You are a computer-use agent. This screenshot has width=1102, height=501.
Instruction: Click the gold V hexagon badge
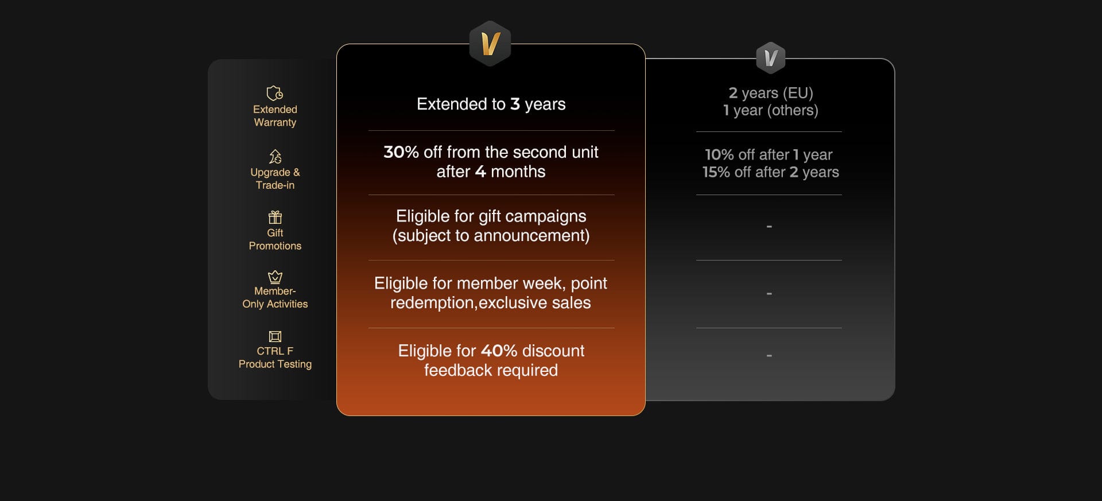(490, 44)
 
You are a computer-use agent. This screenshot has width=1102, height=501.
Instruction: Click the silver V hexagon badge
(770, 58)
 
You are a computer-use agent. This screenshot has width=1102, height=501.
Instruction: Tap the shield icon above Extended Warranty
(275, 93)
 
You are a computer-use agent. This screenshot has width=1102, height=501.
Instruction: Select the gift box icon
(275, 218)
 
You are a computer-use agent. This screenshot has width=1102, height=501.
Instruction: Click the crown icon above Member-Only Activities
(275, 277)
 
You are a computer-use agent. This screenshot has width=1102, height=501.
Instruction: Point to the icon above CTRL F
(275, 336)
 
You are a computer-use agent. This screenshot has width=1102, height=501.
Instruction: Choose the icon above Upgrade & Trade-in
(275, 157)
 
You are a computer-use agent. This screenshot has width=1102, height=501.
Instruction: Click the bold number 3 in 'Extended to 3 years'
(515, 104)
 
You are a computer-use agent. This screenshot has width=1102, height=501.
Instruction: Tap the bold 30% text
(401, 152)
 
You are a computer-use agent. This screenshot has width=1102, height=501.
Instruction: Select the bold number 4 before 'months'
(480, 172)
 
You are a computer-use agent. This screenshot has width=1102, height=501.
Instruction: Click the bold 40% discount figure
(499, 351)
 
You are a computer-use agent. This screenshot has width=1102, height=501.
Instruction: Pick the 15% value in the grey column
(717, 172)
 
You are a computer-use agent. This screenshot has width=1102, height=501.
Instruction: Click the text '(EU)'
(798, 93)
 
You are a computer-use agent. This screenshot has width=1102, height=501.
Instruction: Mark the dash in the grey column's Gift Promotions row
(769, 227)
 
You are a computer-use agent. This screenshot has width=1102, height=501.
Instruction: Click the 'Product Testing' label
(275, 364)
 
